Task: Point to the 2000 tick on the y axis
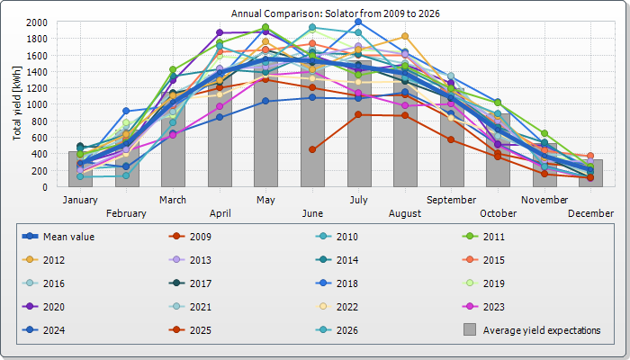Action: click(x=38, y=22)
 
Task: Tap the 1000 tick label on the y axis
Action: click(x=38, y=104)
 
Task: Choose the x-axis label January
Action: click(x=80, y=199)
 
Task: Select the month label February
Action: click(x=126, y=212)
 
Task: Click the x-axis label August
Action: click(x=406, y=212)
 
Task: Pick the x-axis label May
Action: click(x=265, y=199)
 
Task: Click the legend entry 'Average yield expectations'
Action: click(x=541, y=330)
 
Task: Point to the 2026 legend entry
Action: click(x=347, y=330)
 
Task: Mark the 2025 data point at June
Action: click(x=312, y=149)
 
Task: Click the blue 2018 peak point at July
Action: click(x=359, y=22)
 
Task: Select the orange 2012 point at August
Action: click(x=406, y=36)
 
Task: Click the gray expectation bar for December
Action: click(x=592, y=174)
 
